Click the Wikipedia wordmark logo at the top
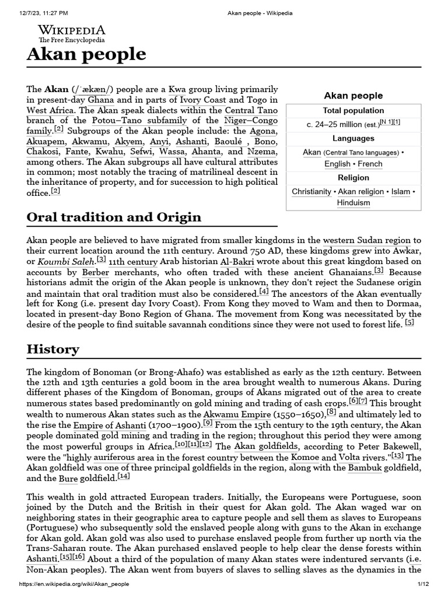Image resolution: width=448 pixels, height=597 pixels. tap(72, 31)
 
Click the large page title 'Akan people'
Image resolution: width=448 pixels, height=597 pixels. tap(86, 54)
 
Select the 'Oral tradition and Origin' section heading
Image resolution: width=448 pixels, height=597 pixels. tap(114, 217)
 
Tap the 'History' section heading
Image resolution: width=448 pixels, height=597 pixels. tap(53, 349)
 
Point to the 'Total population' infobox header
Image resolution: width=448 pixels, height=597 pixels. tap(353, 111)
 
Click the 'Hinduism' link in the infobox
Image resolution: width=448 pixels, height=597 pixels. tap(353, 203)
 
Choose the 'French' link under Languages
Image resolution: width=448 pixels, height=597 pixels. tap(370, 164)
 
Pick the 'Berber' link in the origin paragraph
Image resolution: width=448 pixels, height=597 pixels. tap(96, 272)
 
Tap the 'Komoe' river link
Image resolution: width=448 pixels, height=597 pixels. tap(304, 458)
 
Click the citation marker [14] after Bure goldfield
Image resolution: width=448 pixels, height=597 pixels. tap(123, 477)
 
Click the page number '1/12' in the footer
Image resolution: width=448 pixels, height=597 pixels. tap(423, 584)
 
